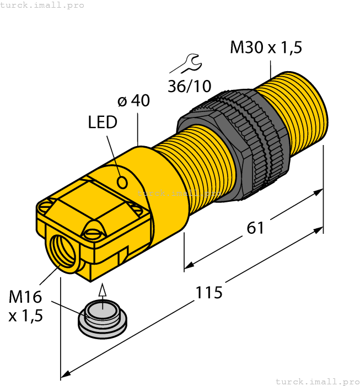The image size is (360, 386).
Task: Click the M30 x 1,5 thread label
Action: (x=266, y=47)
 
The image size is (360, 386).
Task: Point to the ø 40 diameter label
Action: (x=133, y=101)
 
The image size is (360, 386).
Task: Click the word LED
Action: (x=103, y=122)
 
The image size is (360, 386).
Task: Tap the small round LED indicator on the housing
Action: (x=123, y=181)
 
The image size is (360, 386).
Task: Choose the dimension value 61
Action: (x=255, y=227)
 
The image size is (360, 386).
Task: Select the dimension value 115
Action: (x=209, y=292)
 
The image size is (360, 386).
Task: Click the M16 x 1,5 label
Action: (x=25, y=306)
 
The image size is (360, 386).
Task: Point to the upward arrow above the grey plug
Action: (x=102, y=291)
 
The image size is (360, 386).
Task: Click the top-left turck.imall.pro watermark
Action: (x=42, y=5)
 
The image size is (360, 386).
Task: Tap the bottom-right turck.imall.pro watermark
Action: (x=317, y=381)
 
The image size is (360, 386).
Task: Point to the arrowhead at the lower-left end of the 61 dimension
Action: (x=189, y=267)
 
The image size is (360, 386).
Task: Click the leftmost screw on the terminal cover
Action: (x=45, y=206)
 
